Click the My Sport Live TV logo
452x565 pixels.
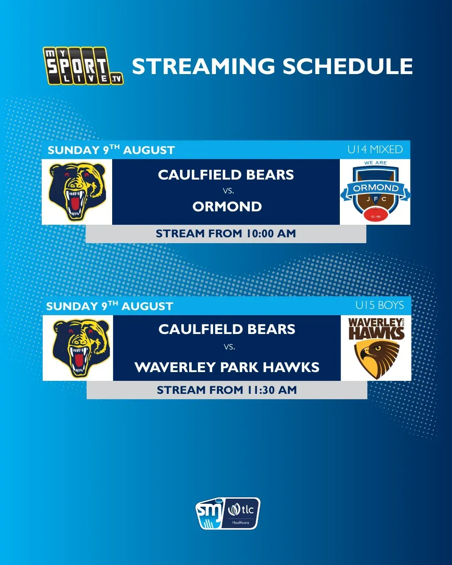[x=83, y=66]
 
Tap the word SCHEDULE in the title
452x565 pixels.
[x=347, y=66]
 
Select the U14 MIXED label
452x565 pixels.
[x=375, y=149]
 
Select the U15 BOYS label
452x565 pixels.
[x=380, y=305]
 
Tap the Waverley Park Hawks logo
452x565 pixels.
[x=376, y=348]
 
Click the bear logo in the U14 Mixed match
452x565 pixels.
[x=77, y=192]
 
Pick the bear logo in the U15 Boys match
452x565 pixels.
[x=81, y=348]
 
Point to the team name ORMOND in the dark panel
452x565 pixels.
[x=227, y=207]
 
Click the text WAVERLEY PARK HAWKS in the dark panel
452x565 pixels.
[x=227, y=367]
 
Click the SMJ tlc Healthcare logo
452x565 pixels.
[x=228, y=514]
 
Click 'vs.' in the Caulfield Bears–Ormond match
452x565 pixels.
[x=229, y=191]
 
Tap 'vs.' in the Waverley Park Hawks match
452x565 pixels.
[x=229, y=347]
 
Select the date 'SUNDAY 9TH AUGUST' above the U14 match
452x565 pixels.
[x=111, y=150]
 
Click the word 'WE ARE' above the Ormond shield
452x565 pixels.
[x=375, y=163]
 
